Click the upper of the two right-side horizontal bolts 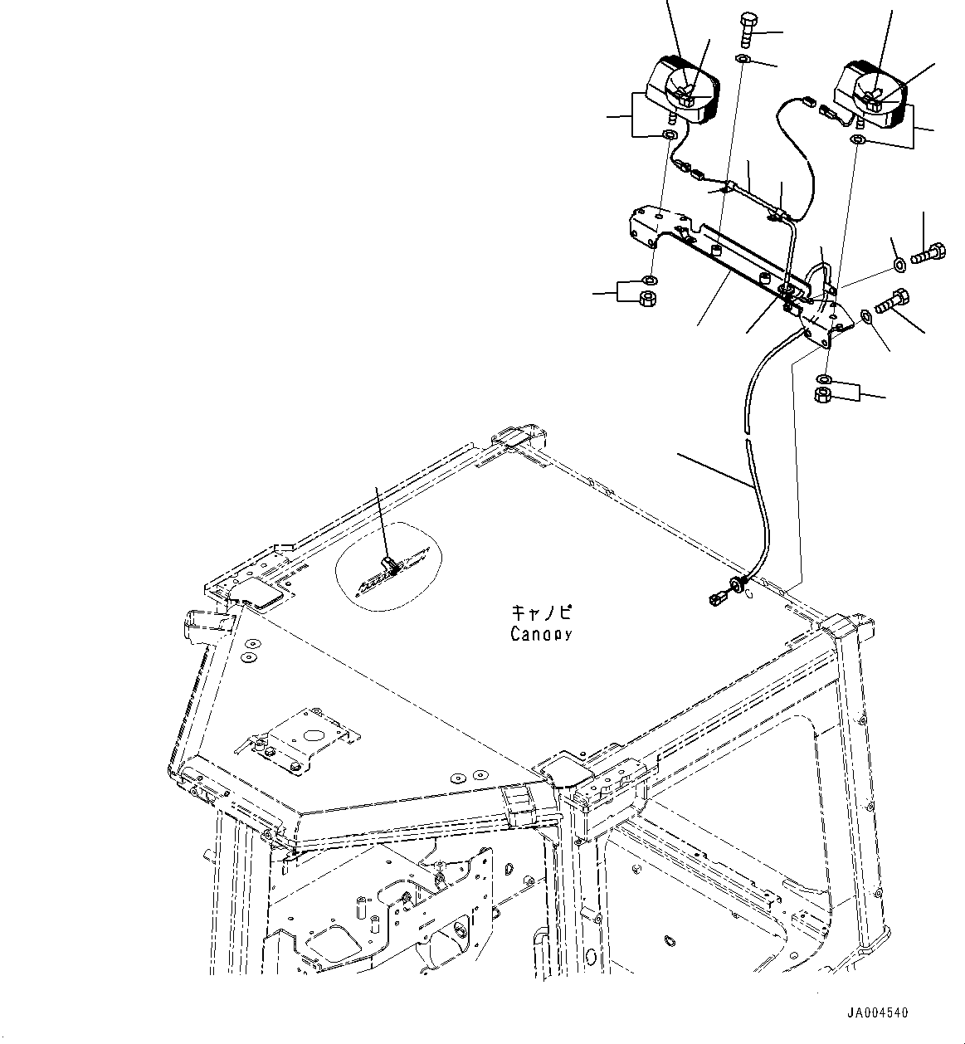[928, 251]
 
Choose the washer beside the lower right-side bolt [866, 315]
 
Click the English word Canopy [541, 635]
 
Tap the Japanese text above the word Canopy [541, 613]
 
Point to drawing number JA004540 [877, 1013]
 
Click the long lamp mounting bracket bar [730, 266]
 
